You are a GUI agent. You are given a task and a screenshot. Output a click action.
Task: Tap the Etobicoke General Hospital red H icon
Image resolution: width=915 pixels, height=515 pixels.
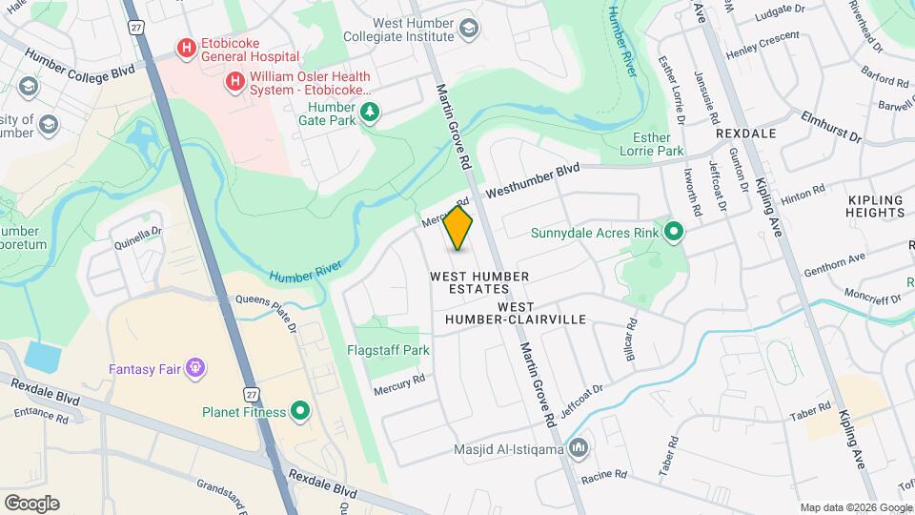click(186, 46)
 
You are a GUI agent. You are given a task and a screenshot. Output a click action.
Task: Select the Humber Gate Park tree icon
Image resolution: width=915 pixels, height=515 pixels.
click(370, 114)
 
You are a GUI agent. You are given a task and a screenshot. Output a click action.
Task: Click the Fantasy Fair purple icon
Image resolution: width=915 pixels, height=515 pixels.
click(196, 366)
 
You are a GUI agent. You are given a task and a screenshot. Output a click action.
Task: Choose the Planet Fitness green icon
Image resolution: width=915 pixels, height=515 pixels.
click(300, 412)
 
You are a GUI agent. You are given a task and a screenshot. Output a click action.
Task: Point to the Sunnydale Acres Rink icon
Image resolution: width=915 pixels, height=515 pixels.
click(674, 231)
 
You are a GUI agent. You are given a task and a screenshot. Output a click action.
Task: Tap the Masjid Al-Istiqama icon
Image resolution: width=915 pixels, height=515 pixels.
click(579, 447)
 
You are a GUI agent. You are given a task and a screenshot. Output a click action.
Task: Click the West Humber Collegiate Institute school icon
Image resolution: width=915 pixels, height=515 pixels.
click(468, 28)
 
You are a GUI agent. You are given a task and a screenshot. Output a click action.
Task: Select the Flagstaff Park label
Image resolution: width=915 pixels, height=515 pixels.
click(388, 350)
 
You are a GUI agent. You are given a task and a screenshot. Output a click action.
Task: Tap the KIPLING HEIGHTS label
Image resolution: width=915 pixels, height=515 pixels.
click(874, 207)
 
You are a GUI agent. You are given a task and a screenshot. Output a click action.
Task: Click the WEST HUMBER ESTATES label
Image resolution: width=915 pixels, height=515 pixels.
click(479, 283)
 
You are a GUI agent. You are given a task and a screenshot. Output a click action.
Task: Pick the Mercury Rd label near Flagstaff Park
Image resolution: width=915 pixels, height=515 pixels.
click(398, 384)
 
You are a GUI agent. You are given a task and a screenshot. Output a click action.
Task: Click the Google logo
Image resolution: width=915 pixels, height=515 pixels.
click(31, 504)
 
